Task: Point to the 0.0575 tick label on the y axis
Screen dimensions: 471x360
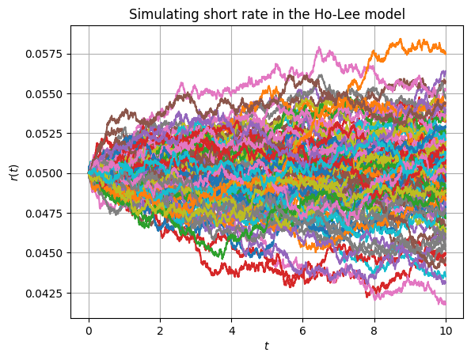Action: click(x=44, y=54)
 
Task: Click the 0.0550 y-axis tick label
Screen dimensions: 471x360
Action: click(x=44, y=94)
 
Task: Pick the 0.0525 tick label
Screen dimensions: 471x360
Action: click(x=44, y=134)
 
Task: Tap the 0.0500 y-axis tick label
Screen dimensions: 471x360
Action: click(x=44, y=173)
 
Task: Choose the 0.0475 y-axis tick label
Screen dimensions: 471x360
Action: click(x=44, y=213)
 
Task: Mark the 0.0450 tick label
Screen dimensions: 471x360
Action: click(x=44, y=253)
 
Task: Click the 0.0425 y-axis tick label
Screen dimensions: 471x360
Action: click(x=44, y=293)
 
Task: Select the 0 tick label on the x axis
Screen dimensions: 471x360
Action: click(x=89, y=331)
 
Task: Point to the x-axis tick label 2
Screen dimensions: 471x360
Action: click(x=160, y=331)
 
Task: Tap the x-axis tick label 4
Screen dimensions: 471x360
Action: click(x=232, y=331)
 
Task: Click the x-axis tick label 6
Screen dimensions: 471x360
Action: click(x=302, y=331)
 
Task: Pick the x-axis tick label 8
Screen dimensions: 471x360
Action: click(x=374, y=331)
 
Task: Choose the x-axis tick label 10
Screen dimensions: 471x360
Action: click(x=446, y=331)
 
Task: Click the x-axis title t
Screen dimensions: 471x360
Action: click(x=267, y=346)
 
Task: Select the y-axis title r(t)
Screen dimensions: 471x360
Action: click(x=14, y=172)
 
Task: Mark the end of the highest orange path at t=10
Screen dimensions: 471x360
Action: click(x=445, y=54)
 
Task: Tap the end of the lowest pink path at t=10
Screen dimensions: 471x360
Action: click(x=445, y=304)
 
